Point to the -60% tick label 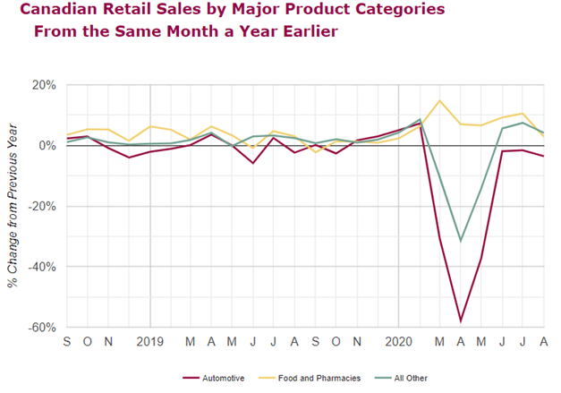pos(42,328)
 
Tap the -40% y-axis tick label pos(42,267)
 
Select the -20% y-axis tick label pos(42,206)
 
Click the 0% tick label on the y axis pos(47,145)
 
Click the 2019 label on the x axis pos(149,341)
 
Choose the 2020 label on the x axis pos(398,341)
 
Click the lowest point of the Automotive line pos(460,320)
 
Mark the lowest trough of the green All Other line pos(460,241)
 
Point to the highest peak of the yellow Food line pos(439,100)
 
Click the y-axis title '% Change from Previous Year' pos(13,206)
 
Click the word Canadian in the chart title pos(56,11)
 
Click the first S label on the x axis pos(66,341)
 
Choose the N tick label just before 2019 pos(108,341)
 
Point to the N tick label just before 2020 pos(357,341)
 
